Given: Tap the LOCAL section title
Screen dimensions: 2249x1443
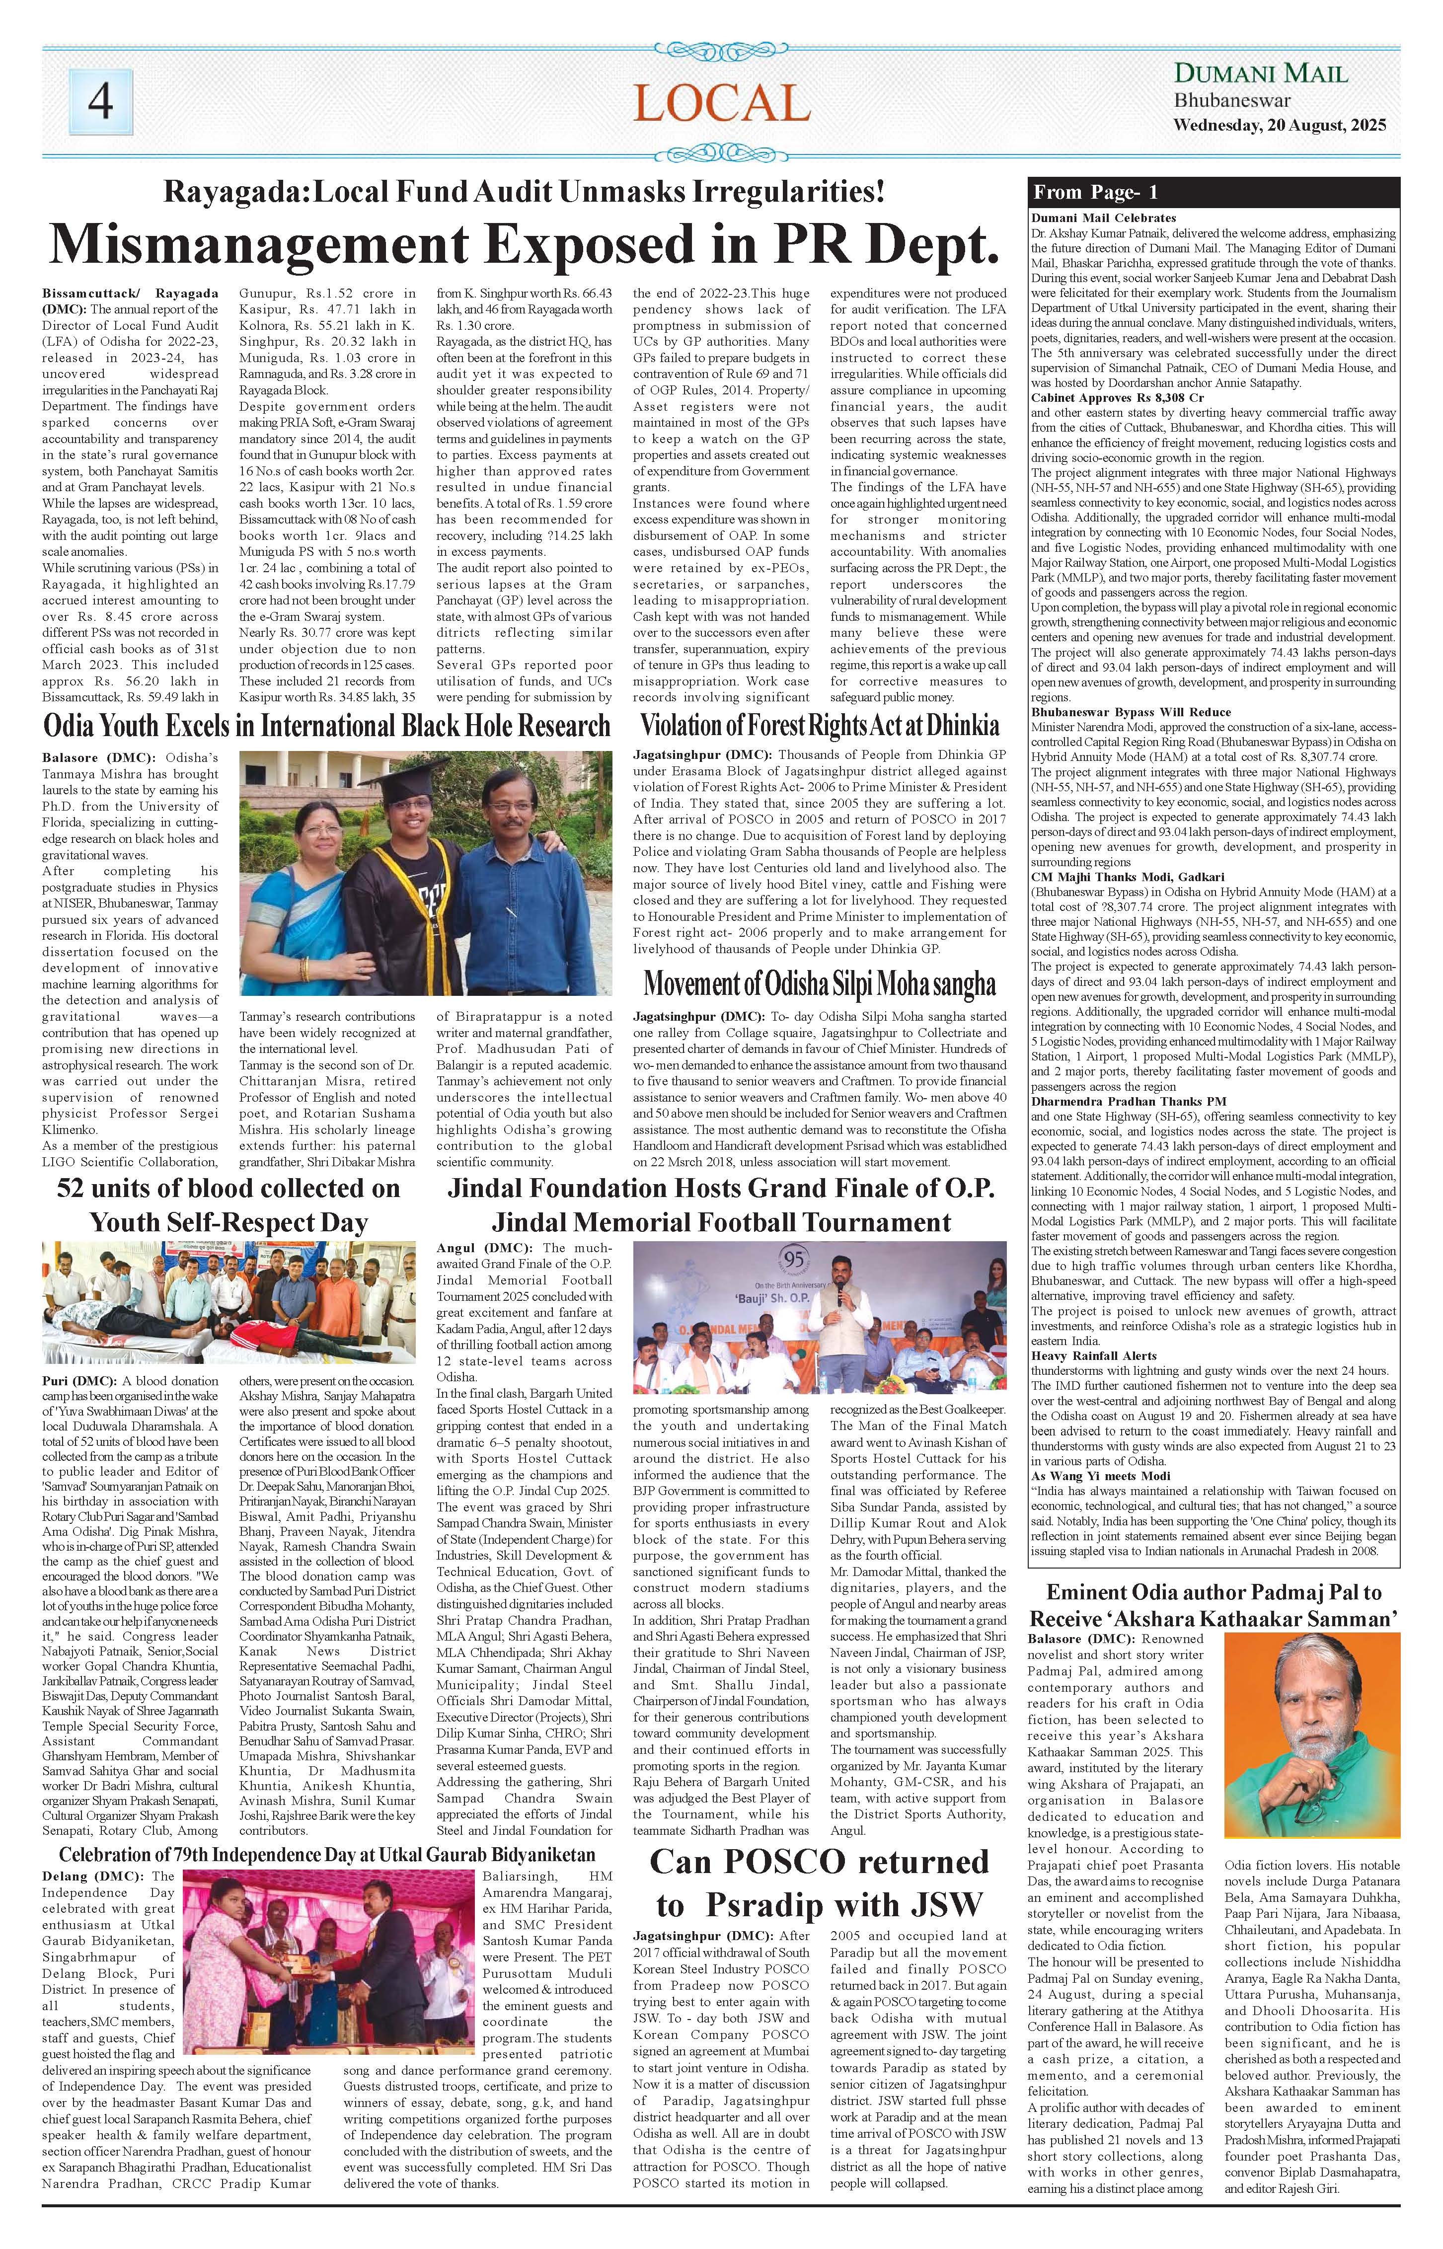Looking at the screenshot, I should [x=721, y=103].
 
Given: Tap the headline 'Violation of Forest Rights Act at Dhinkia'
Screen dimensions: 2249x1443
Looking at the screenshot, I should [x=820, y=725].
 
